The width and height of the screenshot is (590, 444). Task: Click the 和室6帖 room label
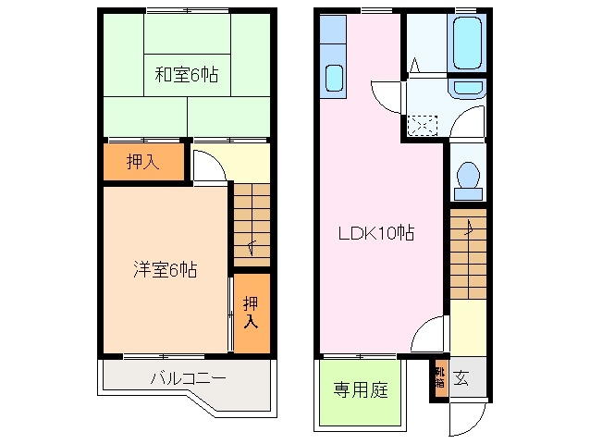[x=186, y=74]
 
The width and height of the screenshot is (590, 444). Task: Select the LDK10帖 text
[x=374, y=234]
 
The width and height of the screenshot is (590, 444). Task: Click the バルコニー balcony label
[x=188, y=378]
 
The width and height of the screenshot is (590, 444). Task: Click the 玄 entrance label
[x=461, y=378]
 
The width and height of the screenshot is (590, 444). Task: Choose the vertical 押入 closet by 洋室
[x=251, y=312]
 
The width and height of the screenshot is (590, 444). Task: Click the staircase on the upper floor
[x=251, y=222]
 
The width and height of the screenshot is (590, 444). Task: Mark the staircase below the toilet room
[x=467, y=255]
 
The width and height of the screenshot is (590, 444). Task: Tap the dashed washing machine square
[x=424, y=124]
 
